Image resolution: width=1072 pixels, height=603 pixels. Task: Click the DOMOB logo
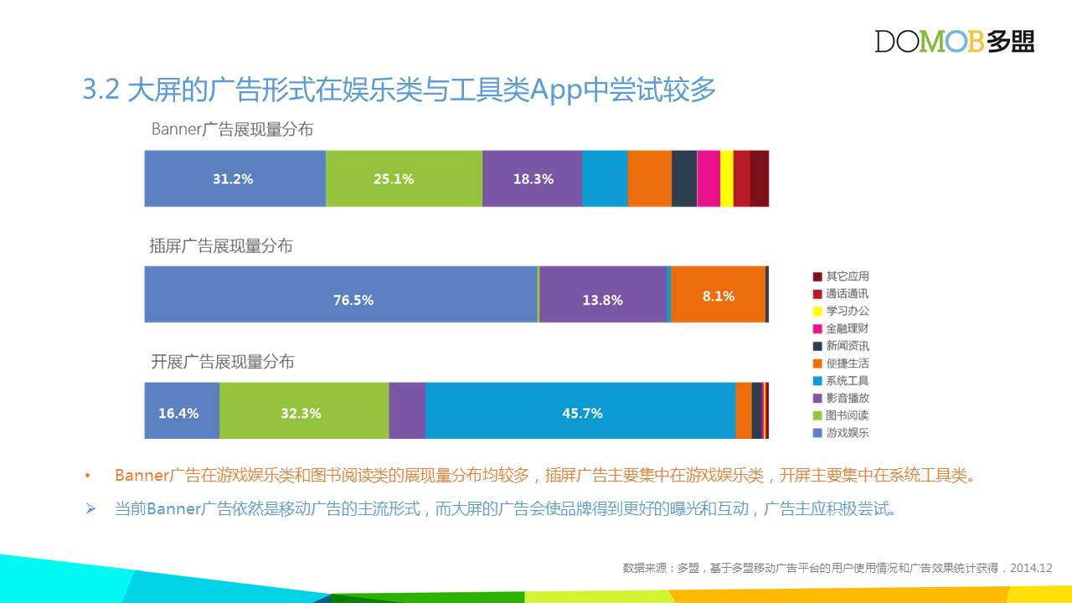pos(954,41)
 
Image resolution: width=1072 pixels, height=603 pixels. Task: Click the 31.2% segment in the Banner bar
pos(235,178)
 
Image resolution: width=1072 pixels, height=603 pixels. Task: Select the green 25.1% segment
pos(404,178)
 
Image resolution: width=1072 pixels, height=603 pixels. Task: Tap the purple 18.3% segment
pos(532,178)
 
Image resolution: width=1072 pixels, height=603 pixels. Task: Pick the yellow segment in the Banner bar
pos(726,178)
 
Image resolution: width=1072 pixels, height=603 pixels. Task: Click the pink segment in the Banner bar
pos(709,178)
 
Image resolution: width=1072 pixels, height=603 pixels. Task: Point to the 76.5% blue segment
pos(341,294)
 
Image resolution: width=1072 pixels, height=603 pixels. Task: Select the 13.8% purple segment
pos(603,294)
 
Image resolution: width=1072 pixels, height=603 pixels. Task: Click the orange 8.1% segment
pos(718,294)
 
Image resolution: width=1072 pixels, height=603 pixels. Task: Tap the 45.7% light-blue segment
pos(580,410)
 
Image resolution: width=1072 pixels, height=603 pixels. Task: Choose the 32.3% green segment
pos(304,410)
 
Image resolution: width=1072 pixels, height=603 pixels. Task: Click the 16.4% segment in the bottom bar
pos(182,410)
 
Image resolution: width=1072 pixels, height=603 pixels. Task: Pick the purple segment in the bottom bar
pos(407,410)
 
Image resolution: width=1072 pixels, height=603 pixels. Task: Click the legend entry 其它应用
pos(841,276)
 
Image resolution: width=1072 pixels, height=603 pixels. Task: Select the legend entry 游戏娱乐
pos(841,433)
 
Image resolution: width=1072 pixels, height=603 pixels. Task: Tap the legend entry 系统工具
pos(841,380)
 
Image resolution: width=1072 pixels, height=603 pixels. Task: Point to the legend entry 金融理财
pos(841,328)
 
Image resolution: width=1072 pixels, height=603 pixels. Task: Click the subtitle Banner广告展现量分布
pos(232,129)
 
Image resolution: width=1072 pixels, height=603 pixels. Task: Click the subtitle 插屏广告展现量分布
pos(221,246)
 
